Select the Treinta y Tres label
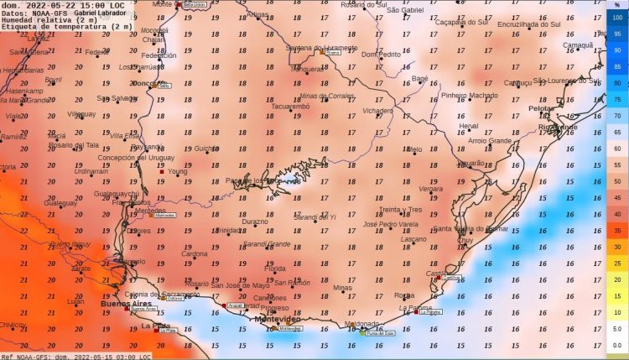[x=400, y=209]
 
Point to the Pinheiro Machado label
[x=469, y=96]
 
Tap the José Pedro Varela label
[x=392, y=225]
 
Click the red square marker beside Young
[x=162, y=172]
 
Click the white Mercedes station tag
[x=165, y=216]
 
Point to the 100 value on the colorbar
[x=617, y=18]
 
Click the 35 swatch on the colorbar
[x=617, y=230]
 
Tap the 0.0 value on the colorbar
[x=617, y=345]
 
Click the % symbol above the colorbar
[x=617, y=5]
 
